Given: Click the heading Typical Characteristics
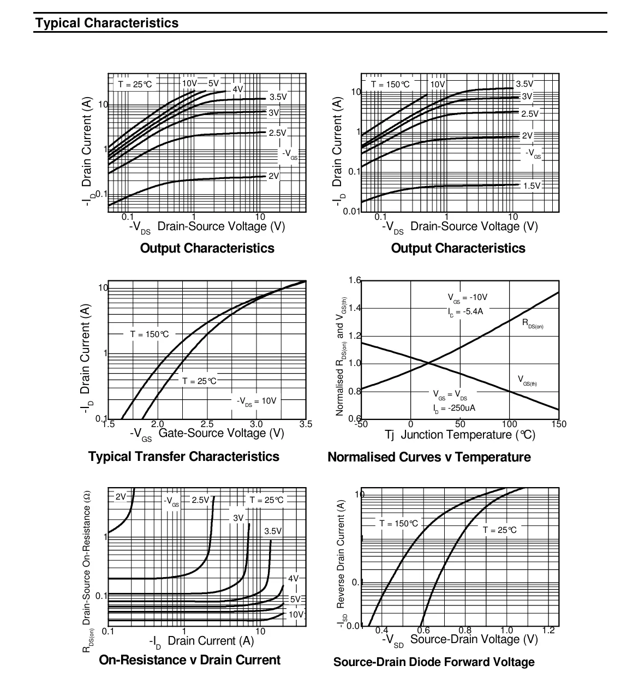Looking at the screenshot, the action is pos(107,23).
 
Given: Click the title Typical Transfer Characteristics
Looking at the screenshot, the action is pos(183,456).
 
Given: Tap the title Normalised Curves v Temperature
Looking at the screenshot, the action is pos(429,457).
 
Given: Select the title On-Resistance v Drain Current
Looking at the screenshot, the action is pos(190,660).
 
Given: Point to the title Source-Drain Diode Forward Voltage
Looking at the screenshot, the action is pos(434,662).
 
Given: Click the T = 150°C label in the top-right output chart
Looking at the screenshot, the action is pos(390,84).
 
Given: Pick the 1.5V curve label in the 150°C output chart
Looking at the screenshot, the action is pos(532,186).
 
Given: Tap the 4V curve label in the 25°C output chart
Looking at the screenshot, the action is pos(238,89).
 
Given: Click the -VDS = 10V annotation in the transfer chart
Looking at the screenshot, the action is pos(256,401).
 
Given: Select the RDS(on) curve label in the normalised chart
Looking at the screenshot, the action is pos(533,323).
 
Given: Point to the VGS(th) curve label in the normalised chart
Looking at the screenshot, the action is pos(527,381).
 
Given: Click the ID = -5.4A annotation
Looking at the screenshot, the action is pos(465,311).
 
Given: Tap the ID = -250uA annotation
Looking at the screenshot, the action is pos(454,409).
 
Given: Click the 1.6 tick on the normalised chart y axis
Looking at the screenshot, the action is pos(355,280).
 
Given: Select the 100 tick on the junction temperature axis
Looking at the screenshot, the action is pos(509,424).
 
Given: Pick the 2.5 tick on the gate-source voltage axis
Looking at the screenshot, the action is pos(207,424).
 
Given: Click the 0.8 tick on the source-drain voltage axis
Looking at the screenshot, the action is pos(465,631).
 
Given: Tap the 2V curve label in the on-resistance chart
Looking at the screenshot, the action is pos(121,496).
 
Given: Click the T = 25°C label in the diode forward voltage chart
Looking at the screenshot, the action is pos(499,530).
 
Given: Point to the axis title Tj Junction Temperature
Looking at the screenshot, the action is pos(460,435).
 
